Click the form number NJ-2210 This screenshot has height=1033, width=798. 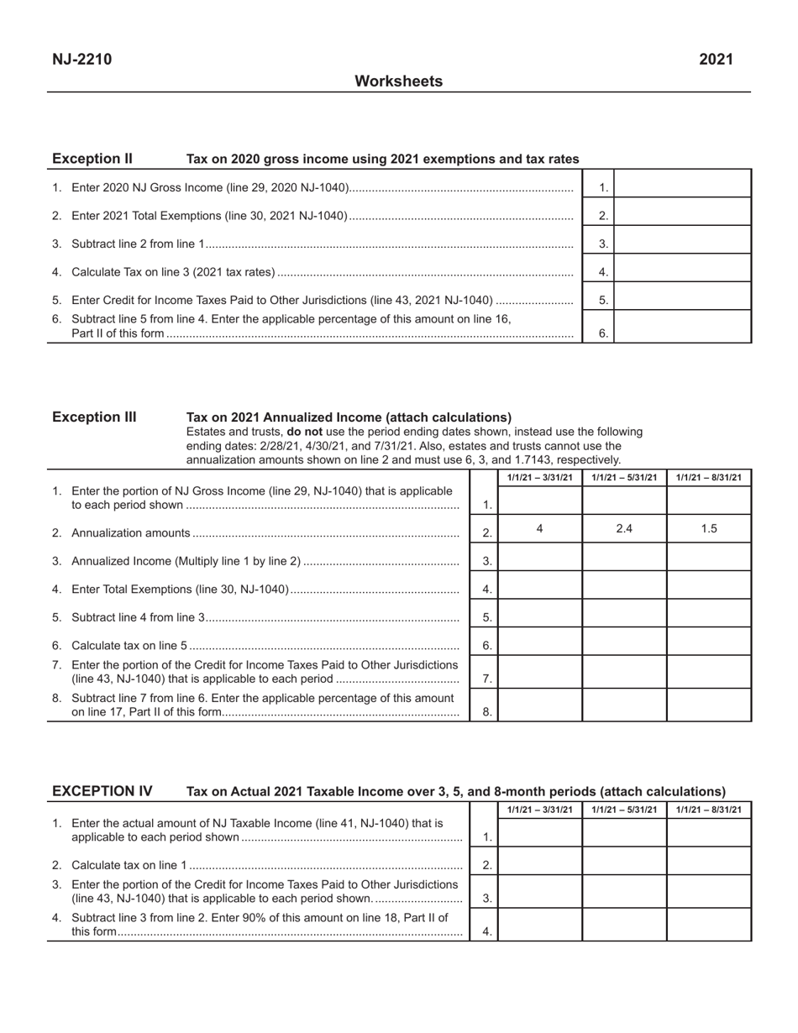[x=81, y=59]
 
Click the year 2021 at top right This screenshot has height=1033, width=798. [x=716, y=59]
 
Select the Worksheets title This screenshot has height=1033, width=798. [x=398, y=81]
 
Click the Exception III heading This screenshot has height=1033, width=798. [x=94, y=417]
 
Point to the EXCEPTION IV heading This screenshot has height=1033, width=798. [x=102, y=791]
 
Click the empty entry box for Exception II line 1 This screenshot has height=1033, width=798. [x=682, y=184]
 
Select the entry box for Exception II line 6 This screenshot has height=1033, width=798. [x=682, y=327]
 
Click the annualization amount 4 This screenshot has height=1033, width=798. [x=539, y=529]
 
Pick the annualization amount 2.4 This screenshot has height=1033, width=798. [x=624, y=529]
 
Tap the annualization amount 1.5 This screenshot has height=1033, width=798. [x=709, y=529]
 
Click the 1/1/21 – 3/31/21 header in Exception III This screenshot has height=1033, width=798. [x=539, y=478]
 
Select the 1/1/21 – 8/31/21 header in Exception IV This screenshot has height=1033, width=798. [x=709, y=810]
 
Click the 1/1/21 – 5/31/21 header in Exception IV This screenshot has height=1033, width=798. [x=624, y=810]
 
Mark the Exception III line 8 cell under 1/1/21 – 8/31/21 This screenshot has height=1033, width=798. [x=709, y=705]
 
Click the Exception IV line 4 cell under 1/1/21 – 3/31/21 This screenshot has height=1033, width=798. [x=539, y=925]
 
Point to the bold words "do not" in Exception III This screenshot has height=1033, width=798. [x=304, y=432]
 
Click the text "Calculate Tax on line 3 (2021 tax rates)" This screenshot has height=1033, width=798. [x=174, y=272]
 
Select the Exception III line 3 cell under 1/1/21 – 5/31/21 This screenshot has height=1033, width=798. [x=624, y=558]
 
